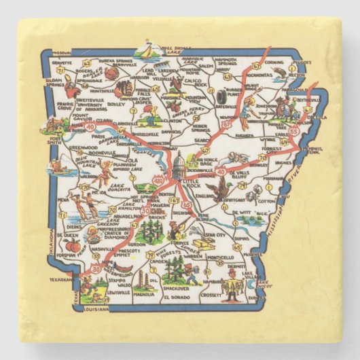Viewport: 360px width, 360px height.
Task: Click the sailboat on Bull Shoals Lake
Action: (145, 49)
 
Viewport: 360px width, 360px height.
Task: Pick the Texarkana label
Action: (62, 279)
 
